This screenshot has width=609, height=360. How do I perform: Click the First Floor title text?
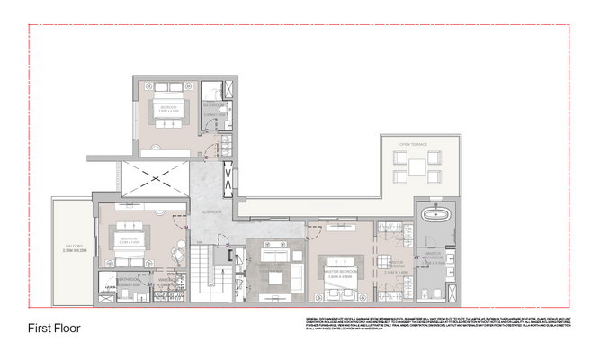pyautogui.click(x=53, y=328)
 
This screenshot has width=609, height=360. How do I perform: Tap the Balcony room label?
pyautogui.click(x=72, y=247)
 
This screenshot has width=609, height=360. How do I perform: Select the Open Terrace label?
pyautogui.click(x=413, y=144)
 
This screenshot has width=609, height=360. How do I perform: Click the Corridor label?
pyautogui.click(x=212, y=212)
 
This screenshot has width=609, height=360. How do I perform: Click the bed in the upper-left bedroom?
pyautogui.click(x=168, y=114)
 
